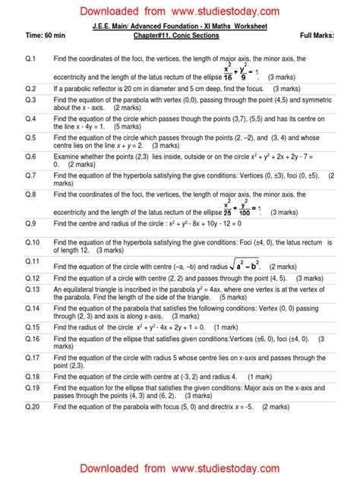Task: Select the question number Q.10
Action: point(32,242)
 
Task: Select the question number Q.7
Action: point(30,174)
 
